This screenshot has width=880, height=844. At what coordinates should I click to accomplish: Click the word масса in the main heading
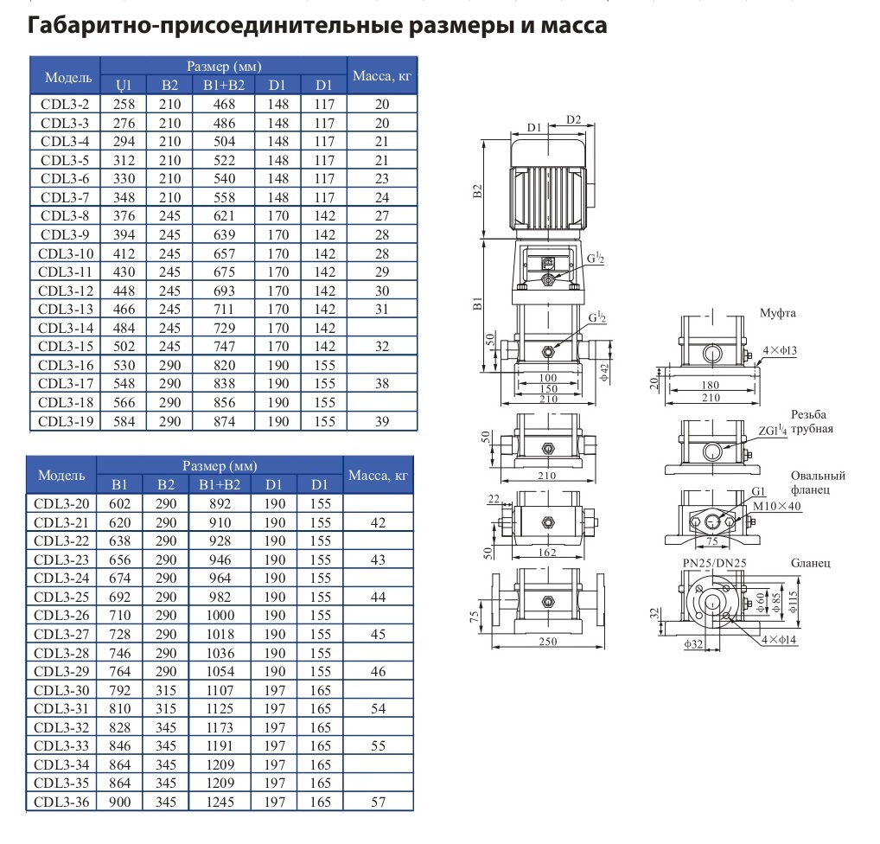click(x=574, y=27)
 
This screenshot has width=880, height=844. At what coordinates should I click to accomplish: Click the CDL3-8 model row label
click(x=65, y=216)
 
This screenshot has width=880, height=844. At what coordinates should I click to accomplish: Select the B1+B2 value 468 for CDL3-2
click(x=224, y=105)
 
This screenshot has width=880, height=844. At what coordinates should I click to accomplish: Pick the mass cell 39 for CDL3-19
click(x=382, y=422)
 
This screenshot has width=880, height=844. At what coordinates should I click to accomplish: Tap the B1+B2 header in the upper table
click(x=224, y=86)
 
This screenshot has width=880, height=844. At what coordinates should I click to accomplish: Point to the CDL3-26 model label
click(x=61, y=616)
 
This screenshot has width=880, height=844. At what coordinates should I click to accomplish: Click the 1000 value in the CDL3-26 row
click(x=220, y=616)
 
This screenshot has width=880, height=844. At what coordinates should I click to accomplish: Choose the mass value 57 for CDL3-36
click(x=379, y=802)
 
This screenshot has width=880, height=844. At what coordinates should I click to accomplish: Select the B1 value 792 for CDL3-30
click(x=119, y=690)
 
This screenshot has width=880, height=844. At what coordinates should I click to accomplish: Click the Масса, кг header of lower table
click(x=378, y=476)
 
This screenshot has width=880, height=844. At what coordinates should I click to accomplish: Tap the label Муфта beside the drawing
click(x=777, y=313)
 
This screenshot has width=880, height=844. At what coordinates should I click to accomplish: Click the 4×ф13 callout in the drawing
click(x=780, y=350)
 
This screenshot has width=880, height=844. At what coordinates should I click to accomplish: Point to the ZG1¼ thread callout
click(x=773, y=431)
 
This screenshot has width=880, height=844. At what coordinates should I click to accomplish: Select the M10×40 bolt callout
click(x=777, y=506)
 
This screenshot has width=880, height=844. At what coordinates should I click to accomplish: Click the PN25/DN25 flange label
click(x=714, y=563)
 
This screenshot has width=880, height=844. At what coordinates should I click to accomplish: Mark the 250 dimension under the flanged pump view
click(x=548, y=642)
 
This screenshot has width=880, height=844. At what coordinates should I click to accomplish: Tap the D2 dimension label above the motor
click(x=574, y=119)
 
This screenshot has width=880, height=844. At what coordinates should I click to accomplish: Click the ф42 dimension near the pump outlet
click(x=605, y=373)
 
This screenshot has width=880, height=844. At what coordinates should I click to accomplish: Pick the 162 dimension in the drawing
click(x=547, y=552)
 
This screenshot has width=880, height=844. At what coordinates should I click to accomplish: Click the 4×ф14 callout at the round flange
click(x=779, y=640)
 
